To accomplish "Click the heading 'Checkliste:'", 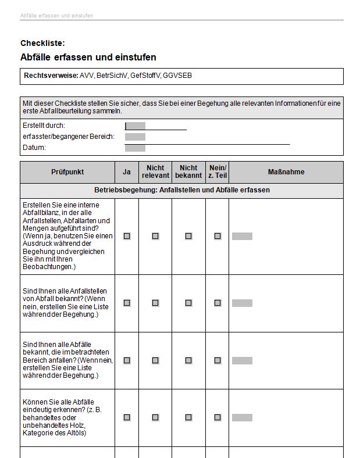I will click(42, 43).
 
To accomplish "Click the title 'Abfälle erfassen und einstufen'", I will click(88, 58).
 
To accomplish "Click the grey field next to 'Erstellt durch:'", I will click(136, 126).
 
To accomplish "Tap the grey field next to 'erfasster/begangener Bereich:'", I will click(136, 137).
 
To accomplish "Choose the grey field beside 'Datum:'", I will click(136, 148).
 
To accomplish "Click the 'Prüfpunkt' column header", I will click(67, 172).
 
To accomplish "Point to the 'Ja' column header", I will click(126, 172).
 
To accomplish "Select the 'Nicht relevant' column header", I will click(155, 172).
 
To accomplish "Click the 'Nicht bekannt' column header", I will click(188, 172).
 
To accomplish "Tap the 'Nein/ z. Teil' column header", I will click(218, 172).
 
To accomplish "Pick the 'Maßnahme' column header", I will click(286, 172).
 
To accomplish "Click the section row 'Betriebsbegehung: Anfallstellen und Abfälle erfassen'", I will click(181, 191).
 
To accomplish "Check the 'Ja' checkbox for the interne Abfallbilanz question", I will click(127, 236).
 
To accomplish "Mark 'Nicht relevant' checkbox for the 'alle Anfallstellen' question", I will click(155, 303).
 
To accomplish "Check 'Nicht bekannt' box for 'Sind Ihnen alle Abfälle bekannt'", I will click(188, 360).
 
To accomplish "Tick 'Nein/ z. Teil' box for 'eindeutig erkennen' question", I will click(218, 417).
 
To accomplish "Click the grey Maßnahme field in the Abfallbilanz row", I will click(242, 236).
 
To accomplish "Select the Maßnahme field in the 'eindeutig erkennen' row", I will click(242, 417).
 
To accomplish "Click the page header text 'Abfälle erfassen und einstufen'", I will click(56, 16).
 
